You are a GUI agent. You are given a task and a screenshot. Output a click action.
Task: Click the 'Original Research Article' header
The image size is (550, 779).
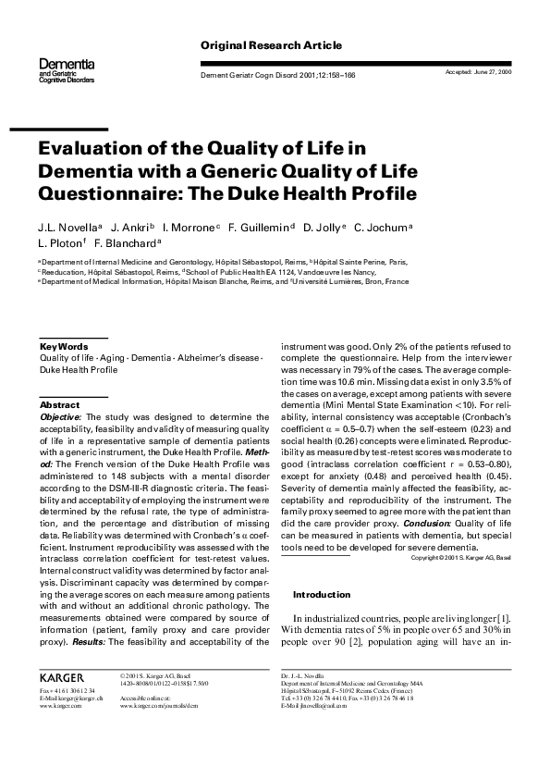[271, 45]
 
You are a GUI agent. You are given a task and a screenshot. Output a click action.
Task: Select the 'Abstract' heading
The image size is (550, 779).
[59, 405]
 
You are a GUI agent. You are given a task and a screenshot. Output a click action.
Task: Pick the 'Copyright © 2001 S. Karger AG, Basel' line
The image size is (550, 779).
[460, 558]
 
